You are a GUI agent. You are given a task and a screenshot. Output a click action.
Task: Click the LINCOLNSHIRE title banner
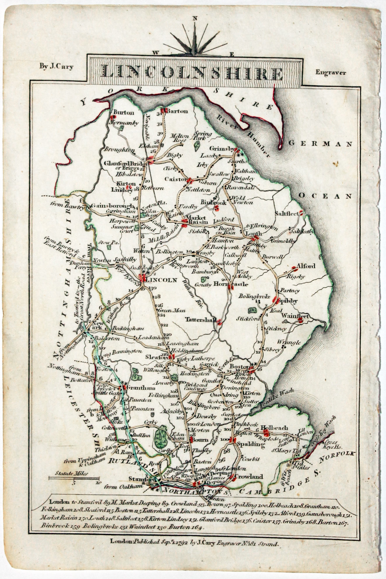(x=193, y=73)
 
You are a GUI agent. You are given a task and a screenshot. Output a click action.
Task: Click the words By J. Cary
(x=57, y=66)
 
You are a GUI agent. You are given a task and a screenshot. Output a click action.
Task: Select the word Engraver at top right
(x=331, y=72)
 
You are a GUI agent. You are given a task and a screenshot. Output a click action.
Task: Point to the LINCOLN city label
(x=162, y=280)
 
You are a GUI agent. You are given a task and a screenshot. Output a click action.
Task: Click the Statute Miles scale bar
(x=74, y=478)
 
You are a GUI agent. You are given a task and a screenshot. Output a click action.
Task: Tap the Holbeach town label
(x=274, y=428)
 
